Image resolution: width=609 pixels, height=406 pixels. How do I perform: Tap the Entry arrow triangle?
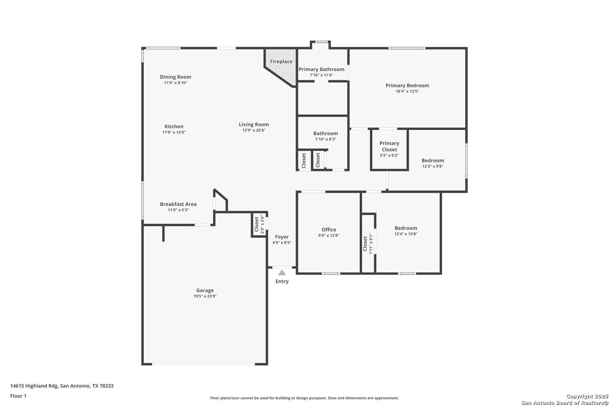click(282, 272)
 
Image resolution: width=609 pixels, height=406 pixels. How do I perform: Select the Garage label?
click(205, 290)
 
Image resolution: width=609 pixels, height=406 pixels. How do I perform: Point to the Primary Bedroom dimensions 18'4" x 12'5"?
click(407, 91)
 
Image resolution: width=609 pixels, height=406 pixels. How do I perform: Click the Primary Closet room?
click(389, 149)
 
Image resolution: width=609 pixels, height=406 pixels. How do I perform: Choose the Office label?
click(329, 229)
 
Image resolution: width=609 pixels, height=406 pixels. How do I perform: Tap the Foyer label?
click(282, 237)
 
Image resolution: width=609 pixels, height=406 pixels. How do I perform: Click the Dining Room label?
click(175, 77)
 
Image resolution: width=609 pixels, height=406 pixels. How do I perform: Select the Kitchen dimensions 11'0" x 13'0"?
click(174, 132)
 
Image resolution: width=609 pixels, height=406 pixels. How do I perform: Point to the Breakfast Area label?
click(178, 204)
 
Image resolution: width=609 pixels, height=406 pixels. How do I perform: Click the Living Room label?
click(254, 125)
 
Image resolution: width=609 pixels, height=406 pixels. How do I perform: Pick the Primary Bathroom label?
click(322, 69)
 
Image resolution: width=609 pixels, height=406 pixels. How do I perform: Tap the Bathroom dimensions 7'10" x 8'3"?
click(326, 139)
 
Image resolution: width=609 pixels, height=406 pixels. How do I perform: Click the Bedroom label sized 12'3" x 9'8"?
click(432, 160)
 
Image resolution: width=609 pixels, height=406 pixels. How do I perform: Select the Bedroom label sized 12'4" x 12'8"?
click(406, 228)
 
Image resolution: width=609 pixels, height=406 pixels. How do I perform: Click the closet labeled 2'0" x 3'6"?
click(259, 225)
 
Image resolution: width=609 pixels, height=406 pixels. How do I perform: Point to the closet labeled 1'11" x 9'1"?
click(368, 243)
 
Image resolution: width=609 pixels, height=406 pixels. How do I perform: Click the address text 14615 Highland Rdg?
click(34, 386)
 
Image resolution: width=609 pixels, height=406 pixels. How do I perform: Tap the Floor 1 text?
click(18, 396)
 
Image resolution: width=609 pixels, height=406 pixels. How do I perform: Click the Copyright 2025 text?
click(587, 397)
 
